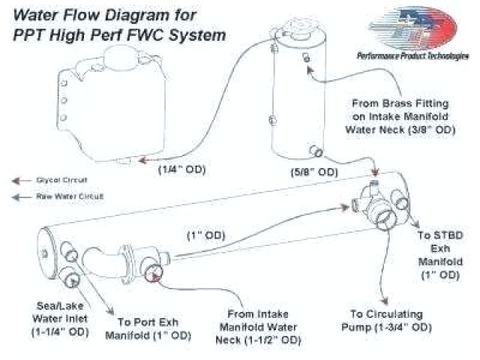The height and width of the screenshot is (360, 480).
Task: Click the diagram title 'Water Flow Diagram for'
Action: [x=103, y=14]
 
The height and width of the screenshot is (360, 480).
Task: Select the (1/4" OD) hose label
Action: [x=180, y=169]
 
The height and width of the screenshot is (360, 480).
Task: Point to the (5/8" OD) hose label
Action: [x=314, y=172]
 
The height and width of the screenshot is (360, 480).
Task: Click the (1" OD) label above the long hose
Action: [x=205, y=235]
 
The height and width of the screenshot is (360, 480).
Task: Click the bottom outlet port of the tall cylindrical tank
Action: [x=319, y=154]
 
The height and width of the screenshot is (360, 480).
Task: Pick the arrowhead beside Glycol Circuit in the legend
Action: [x=15, y=181]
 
